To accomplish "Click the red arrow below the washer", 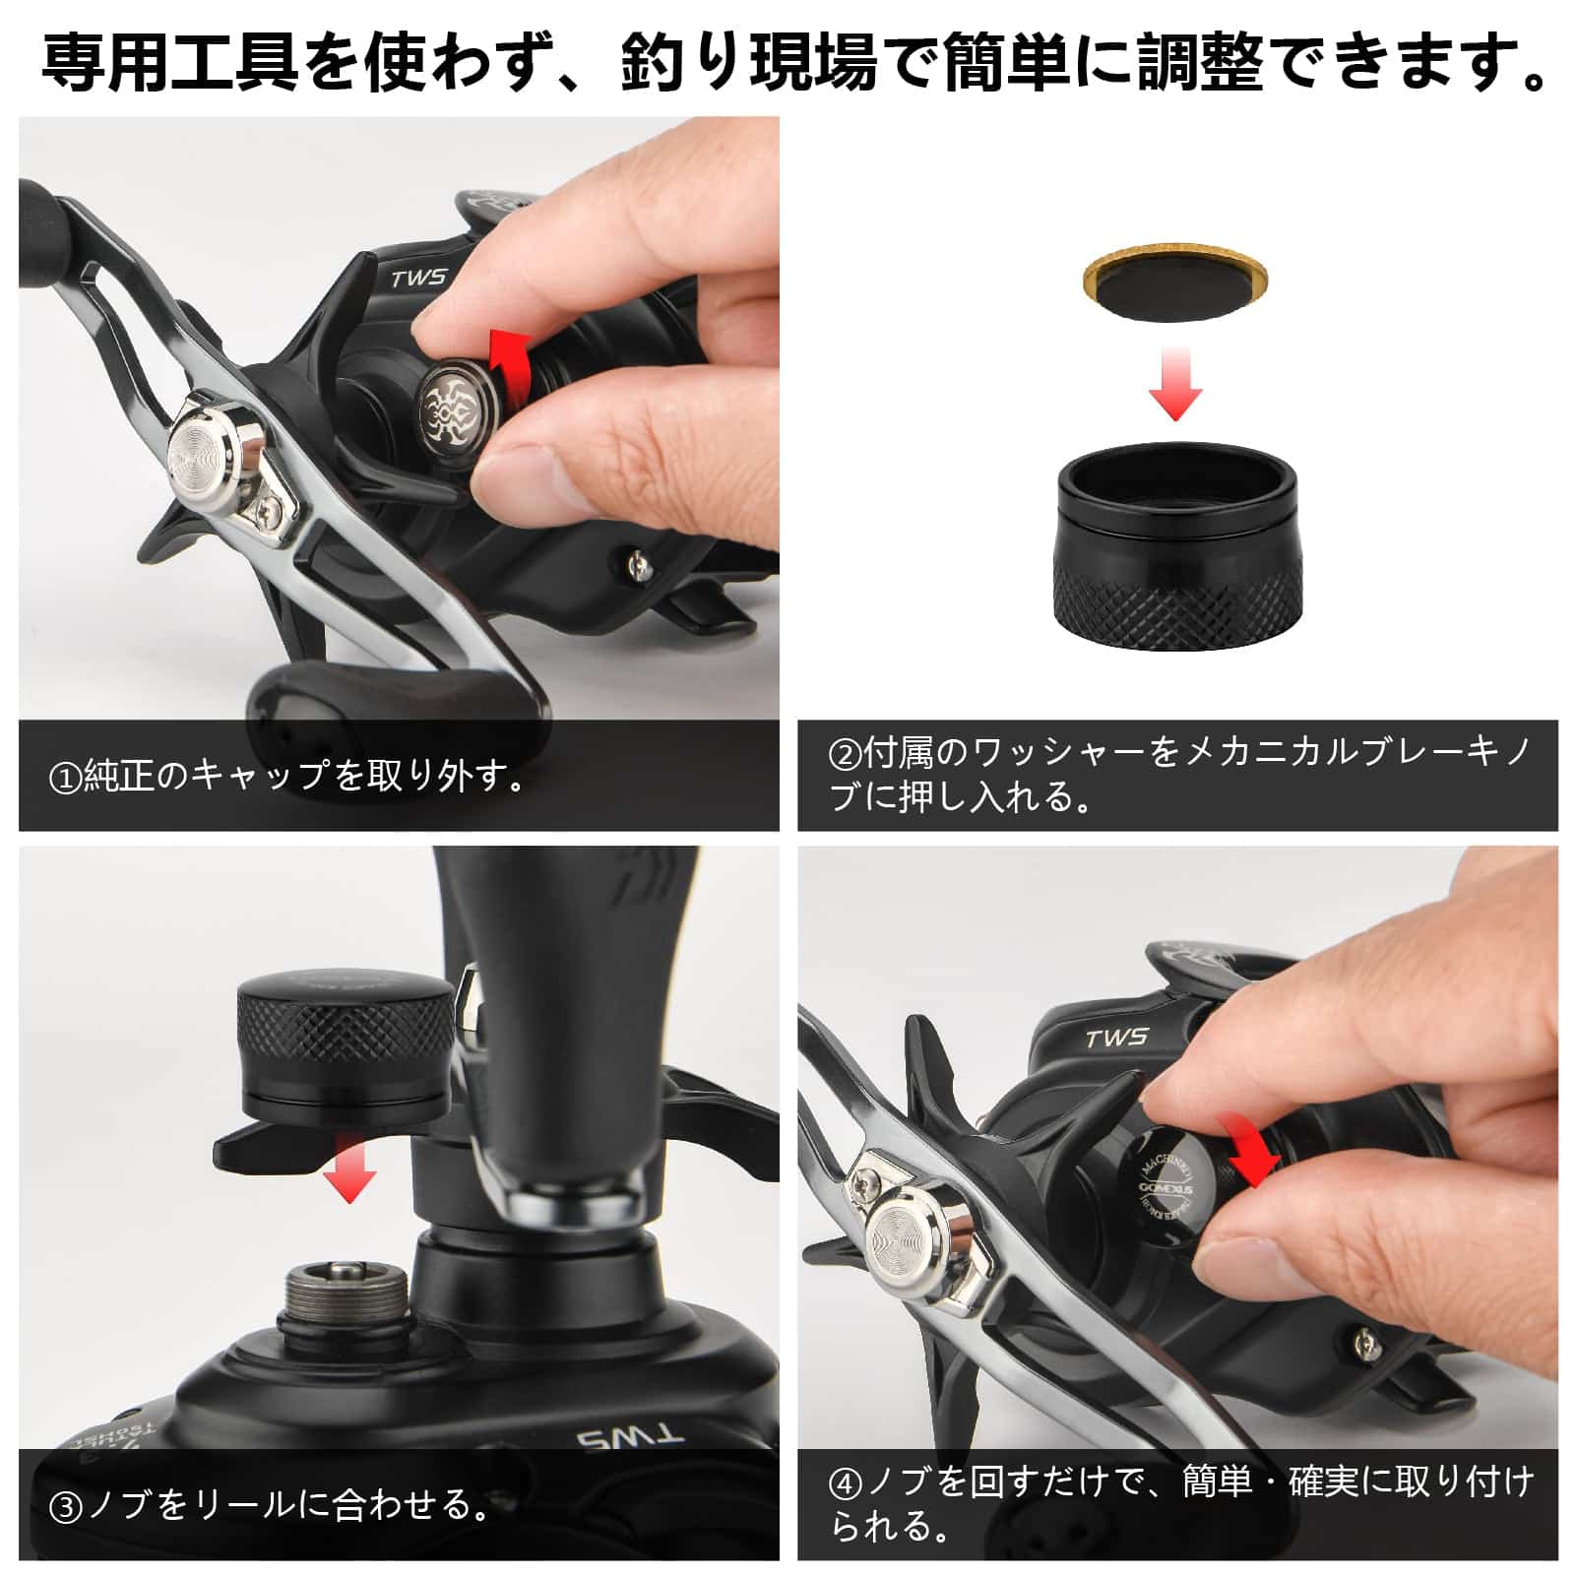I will click(x=1175, y=383).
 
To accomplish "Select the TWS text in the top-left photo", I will click(x=418, y=278).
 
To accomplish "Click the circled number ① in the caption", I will click(x=65, y=779).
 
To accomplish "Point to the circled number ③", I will click(x=65, y=1506).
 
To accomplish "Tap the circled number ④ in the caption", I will click(x=845, y=1482).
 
